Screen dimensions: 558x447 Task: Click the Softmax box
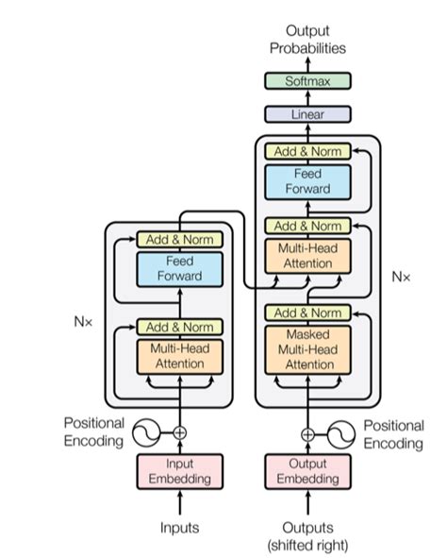[x=307, y=81]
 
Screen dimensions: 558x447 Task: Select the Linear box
[x=307, y=114]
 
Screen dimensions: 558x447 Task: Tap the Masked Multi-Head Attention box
[x=307, y=349]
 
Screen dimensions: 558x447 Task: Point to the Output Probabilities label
[x=307, y=40]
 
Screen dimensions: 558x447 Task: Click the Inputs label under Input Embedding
[x=180, y=527]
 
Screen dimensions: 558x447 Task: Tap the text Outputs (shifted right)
[x=307, y=535]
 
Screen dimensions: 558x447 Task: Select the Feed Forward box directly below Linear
[x=307, y=182]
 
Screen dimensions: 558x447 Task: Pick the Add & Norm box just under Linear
[x=307, y=151]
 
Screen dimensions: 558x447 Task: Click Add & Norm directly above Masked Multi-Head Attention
[x=307, y=313]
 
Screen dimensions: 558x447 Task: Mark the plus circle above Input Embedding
[x=180, y=433]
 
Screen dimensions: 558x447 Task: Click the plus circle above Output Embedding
[x=307, y=433]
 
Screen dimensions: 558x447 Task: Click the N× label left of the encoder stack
[x=84, y=321]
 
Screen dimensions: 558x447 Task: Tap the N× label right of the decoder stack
[x=402, y=277]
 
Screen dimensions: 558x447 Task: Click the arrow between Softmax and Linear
[x=307, y=98]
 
